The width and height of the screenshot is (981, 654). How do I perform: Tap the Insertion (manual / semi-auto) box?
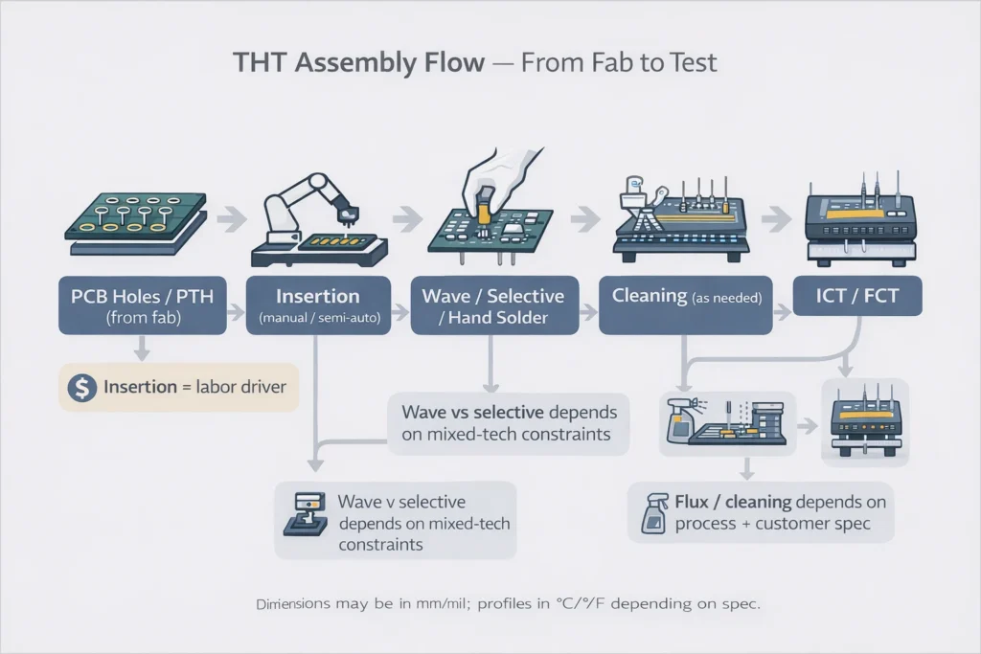(x=318, y=304)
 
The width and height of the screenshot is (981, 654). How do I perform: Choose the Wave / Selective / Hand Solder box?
(x=494, y=304)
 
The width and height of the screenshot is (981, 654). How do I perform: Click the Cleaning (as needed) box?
(x=685, y=304)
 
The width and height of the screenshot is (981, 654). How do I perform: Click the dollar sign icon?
(x=82, y=388)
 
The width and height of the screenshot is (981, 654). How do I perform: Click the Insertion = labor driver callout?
(x=178, y=388)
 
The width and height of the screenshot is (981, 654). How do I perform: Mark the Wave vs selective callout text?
(x=509, y=423)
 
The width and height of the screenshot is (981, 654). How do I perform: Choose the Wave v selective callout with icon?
(x=395, y=522)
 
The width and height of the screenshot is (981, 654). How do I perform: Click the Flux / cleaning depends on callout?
(x=762, y=512)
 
